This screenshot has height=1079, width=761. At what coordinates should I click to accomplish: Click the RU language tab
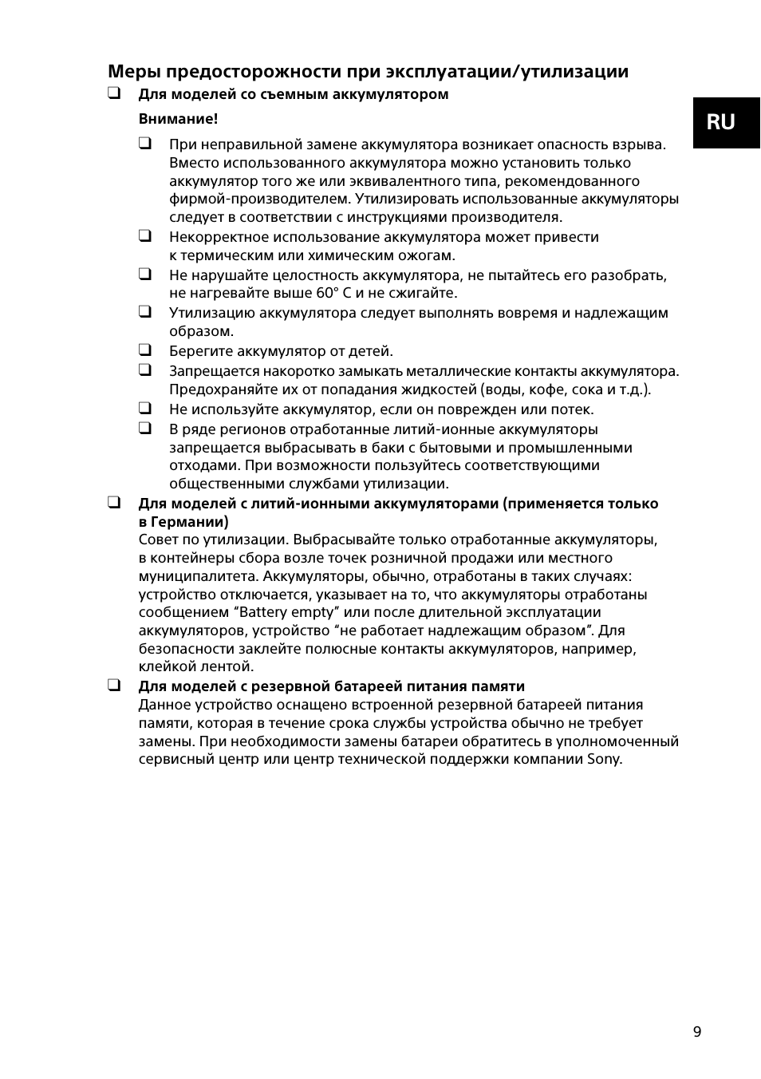coord(720,122)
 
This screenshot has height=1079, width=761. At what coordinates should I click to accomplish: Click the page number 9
coord(697,1032)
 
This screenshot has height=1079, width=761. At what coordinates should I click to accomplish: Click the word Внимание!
coord(178,119)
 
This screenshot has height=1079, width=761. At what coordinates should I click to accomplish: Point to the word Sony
coord(605,759)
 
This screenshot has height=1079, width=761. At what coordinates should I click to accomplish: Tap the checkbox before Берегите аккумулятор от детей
coord(145,350)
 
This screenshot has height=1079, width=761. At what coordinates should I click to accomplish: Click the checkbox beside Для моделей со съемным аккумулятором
coord(114,93)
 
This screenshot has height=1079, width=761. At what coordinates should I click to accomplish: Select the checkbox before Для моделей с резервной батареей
coord(114,686)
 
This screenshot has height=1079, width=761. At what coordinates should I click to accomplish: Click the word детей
coord(372,351)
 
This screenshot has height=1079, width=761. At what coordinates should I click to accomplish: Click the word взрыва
coord(637,144)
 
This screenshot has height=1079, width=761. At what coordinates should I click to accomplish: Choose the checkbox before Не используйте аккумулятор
coord(145,408)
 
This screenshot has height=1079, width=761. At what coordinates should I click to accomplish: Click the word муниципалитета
coord(197,576)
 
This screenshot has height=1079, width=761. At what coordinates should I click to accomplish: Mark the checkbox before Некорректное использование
coord(145,235)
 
